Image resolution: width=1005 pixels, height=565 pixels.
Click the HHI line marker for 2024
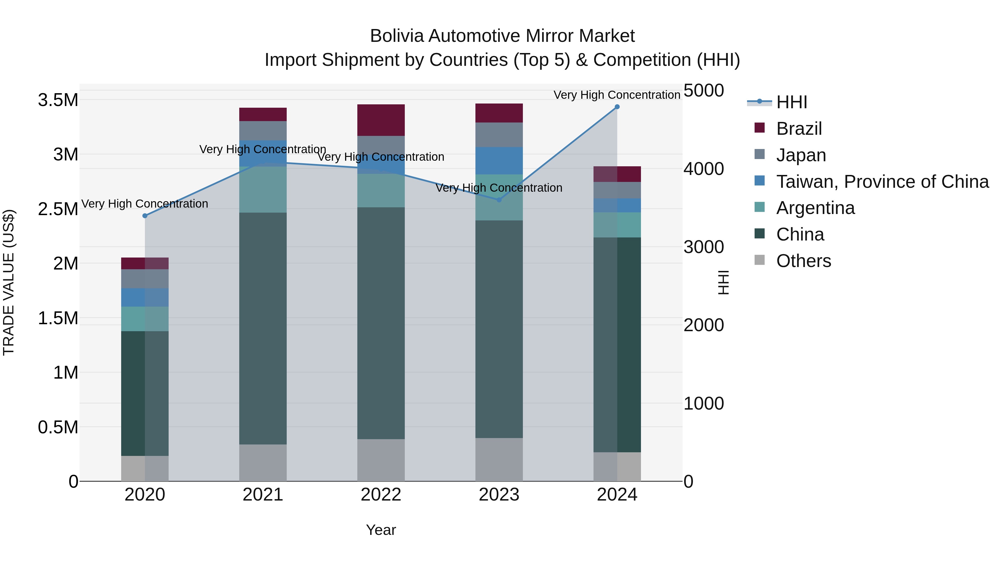[x=617, y=107]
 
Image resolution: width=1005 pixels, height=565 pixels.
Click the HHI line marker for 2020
[x=145, y=216]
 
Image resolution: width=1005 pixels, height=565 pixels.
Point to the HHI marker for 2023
[x=499, y=200]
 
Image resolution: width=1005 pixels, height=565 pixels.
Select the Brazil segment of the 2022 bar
[x=381, y=120]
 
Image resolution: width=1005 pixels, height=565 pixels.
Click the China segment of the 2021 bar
[x=263, y=328]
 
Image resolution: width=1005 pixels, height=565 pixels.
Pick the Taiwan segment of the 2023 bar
[x=499, y=161]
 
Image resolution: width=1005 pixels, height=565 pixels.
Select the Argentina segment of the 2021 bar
[x=263, y=189]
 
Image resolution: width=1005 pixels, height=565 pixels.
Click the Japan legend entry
[x=801, y=155]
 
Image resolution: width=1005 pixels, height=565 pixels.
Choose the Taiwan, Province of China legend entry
[x=882, y=182]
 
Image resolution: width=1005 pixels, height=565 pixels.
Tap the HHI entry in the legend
[x=791, y=102]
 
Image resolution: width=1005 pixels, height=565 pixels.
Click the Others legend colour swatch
[x=759, y=260]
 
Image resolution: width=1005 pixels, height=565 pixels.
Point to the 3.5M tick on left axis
[x=58, y=100]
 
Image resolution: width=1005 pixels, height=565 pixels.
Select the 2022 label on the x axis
[x=381, y=495]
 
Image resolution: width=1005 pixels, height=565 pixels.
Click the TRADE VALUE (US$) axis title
[x=9, y=282]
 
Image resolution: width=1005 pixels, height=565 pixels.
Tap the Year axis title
[x=381, y=530]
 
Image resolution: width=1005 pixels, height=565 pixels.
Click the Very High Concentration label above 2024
[x=617, y=95]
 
